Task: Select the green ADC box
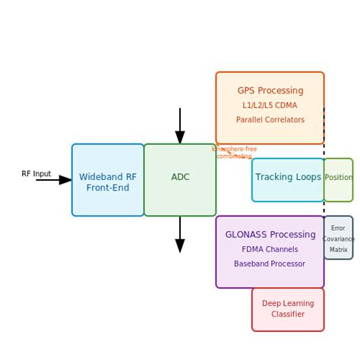pos(180,180)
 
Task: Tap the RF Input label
pos(36,174)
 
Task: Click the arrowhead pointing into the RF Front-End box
pos(66,180)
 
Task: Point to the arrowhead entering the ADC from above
pos(180,137)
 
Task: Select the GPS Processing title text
pos(270,90)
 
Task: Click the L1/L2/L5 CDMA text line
pos(270,106)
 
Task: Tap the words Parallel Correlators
pos(270,120)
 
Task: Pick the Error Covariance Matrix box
pos(338,238)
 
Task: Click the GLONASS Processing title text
pos(270,235)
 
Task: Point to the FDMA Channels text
pos(270,249)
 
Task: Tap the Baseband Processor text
pos(270,264)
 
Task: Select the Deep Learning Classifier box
pos(288,309)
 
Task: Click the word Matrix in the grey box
pos(339,249)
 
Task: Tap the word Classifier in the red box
pos(288,314)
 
